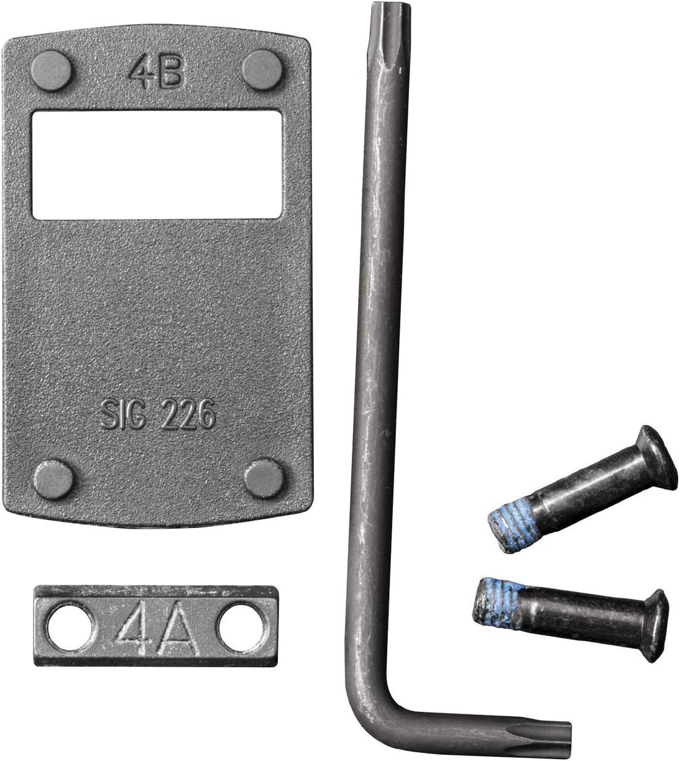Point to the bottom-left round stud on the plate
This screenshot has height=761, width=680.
[x=52, y=476]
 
